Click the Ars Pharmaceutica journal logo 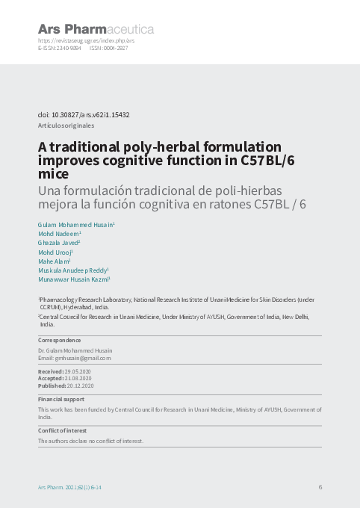pyautogui.click(x=96, y=29)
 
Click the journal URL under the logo pyautogui.click(x=86, y=40)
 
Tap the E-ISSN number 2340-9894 pyautogui.click(x=69, y=47)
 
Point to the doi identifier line pyautogui.click(x=84, y=115)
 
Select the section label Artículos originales pyautogui.click(x=66, y=126)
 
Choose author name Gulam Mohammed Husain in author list pyautogui.click(x=75, y=224)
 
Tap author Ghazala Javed pyautogui.click(x=58, y=243)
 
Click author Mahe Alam pyautogui.click(x=53, y=261)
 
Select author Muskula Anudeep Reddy pyautogui.click(x=72, y=270)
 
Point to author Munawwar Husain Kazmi pyautogui.click(x=73, y=279)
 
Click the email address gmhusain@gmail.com pyautogui.click(x=83, y=358)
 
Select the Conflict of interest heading pyautogui.click(x=63, y=431)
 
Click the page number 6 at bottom pyautogui.click(x=320, y=487)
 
